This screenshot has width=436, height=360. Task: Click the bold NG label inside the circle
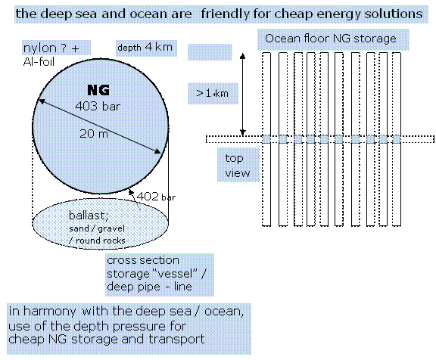(98, 90)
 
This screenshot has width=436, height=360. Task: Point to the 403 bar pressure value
(98, 106)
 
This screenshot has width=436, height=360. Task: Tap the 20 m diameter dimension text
(94, 134)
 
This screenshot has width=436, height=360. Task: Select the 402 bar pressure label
(156, 197)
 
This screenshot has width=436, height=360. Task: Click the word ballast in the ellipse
(89, 216)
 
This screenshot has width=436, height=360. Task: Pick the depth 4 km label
(145, 47)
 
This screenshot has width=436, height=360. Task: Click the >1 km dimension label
(213, 93)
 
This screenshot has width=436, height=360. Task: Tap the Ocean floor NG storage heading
(331, 39)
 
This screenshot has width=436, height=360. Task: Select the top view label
(238, 166)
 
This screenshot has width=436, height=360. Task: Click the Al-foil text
(39, 61)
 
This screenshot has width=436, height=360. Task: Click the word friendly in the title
(225, 14)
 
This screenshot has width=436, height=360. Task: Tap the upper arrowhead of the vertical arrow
(243, 56)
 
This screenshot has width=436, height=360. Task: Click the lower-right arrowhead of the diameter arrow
(157, 151)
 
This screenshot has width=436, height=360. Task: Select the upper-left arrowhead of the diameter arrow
(41, 101)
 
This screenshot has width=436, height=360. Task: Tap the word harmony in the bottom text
(49, 312)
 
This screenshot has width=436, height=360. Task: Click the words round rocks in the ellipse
(101, 241)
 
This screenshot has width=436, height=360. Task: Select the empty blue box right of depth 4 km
(210, 52)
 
